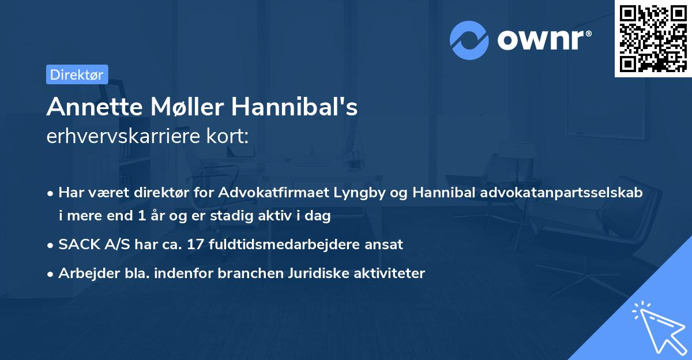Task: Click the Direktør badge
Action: click(77, 74)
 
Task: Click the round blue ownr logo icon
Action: click(469, 40)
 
